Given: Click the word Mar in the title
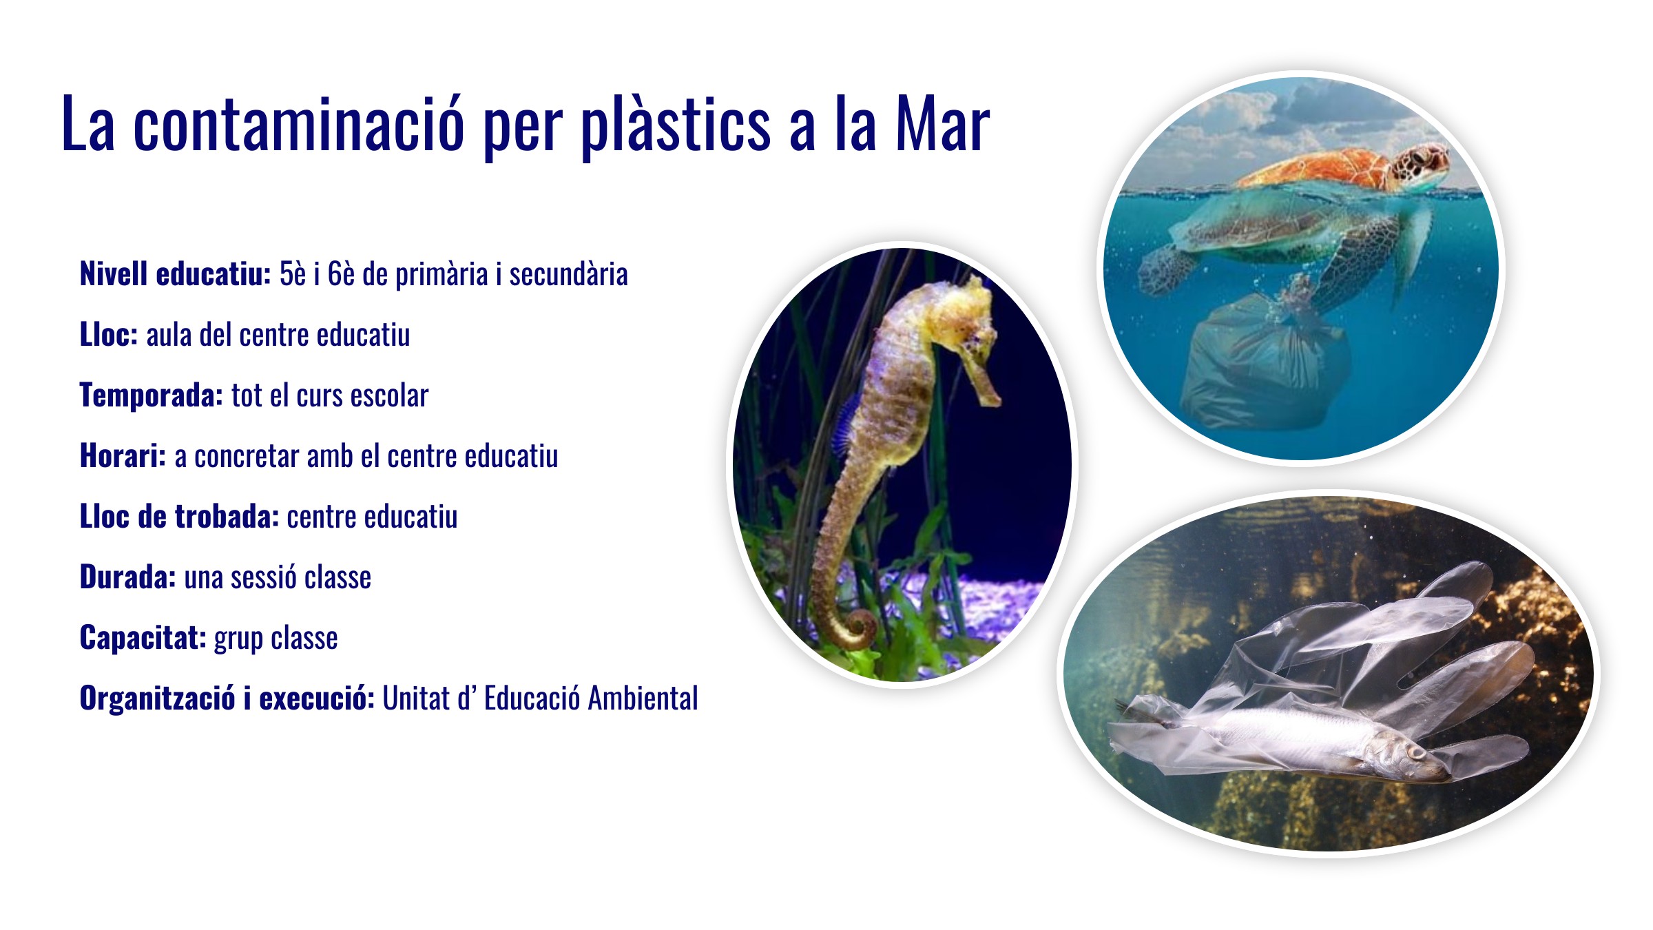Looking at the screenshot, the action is [942, 125].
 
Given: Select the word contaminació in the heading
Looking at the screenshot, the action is [299, 125].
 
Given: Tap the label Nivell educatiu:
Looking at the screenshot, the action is [176, 274].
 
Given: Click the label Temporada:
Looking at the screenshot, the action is [152, 395].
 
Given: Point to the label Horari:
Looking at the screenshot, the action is [123, 456].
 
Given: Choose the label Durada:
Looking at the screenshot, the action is [128, 577].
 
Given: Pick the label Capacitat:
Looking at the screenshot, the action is [143, 638].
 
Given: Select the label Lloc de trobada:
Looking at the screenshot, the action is [179, 517].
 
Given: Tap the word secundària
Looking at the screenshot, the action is [568, 274].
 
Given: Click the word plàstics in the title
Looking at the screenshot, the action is [676, 126].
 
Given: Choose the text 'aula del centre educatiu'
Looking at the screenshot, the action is [278, 335].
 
